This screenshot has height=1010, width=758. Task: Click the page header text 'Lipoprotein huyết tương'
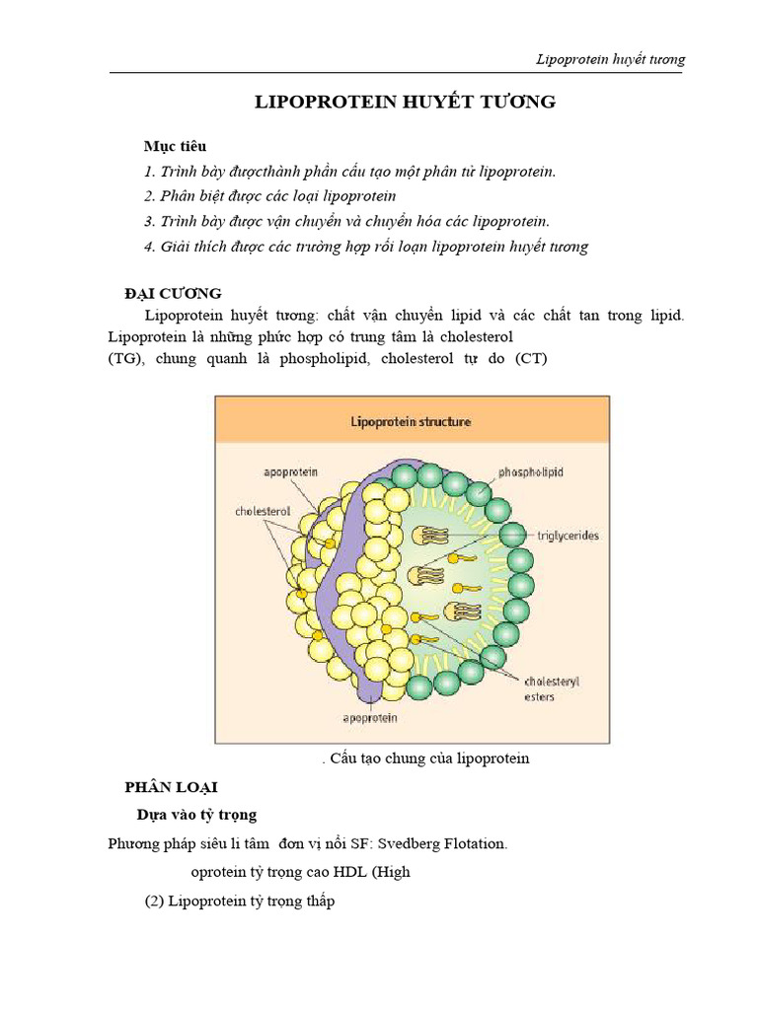point(609,59)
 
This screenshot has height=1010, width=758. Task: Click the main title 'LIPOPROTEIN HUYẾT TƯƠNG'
point(405,103)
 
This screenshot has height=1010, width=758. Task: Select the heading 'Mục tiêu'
point(175,146)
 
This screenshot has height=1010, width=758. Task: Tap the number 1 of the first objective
point(148,171)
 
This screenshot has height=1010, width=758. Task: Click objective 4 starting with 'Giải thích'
point(365,247)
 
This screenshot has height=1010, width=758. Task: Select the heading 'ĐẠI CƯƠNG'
point(173,294)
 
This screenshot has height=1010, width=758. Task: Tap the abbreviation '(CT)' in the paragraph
point(530,359)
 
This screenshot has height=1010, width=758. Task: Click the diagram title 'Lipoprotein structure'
point(412,421)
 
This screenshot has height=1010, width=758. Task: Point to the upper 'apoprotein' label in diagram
point(290,472)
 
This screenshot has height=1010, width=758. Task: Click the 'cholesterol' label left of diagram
point(261,512)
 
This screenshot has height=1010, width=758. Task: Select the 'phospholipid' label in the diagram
point(531,472)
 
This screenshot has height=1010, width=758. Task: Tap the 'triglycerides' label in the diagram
point(568,536)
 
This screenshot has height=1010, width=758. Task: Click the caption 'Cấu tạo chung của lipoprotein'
point(429,758)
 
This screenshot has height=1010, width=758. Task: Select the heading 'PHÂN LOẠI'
point(170,787)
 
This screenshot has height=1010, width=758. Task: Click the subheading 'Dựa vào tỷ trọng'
point(196,815)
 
